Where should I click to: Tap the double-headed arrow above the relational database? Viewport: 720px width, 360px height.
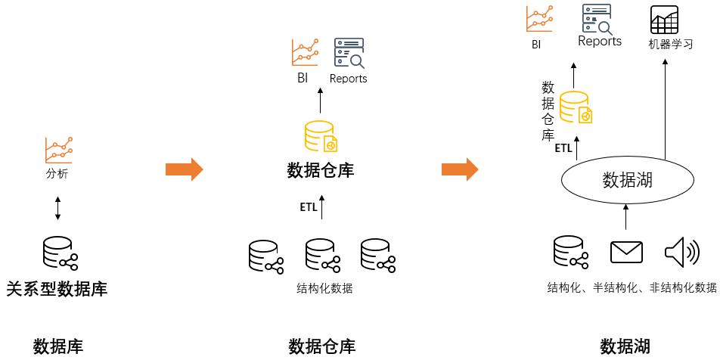point(58,208)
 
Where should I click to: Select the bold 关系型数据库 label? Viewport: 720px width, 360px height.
point(57,288)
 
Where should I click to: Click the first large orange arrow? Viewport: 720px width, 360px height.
point(184,169)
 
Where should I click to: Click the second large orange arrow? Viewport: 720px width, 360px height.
point(460,169)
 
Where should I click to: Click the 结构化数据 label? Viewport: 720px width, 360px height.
point(324,288)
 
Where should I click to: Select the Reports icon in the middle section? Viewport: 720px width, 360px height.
point(349,53)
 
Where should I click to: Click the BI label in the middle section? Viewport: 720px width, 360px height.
point(303,78)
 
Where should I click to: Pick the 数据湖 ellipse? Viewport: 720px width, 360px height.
point(627,180)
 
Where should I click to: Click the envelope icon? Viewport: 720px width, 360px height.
point(626,253)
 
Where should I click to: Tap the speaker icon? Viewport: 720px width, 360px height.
point(681,253)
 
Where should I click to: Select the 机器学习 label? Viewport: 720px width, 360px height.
point(670,44)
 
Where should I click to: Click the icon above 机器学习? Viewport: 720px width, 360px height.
point(664,18)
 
